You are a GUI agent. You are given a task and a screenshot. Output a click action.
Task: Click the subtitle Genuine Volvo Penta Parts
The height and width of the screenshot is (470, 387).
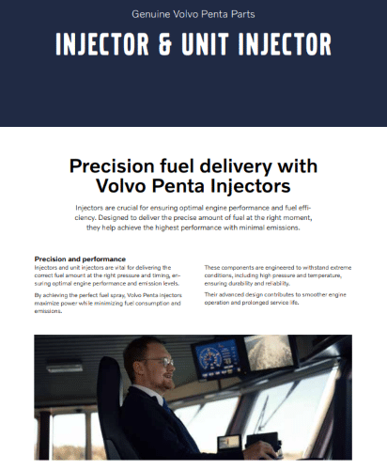pyautogui.click(x=193, y=14)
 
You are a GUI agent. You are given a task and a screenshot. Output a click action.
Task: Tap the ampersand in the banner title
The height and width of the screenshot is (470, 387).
pyautogui.click(x=166, y=44)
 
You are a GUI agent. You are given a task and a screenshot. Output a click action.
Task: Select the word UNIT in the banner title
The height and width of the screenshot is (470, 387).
pyautogui.click(x=205, y=44)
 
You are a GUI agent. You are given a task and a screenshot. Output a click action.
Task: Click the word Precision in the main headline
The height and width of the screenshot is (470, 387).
pyautogui.click(x=112, y=166)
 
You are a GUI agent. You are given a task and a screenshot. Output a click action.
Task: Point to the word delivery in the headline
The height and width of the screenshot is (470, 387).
pyautogui.click(x=236, y=166)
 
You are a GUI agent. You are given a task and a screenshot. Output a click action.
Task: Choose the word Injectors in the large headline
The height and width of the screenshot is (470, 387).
pyautogui.click(x=250, y=186)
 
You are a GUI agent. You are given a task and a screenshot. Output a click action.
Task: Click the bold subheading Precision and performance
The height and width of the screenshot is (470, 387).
pyautogui.click(x=80, y=259)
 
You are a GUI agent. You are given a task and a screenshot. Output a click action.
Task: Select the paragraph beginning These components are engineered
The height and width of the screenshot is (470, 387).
pyautogui.click(x=278, y=275)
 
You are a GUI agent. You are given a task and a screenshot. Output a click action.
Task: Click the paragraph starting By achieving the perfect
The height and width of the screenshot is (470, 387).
pyautogui.click(x=108, y=303)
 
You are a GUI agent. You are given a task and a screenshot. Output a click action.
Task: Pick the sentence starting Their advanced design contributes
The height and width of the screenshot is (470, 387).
pyautogui.click(x=275, y=299)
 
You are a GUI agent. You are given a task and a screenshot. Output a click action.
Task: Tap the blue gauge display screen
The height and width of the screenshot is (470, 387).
pyautogui.click(x=216, y=357)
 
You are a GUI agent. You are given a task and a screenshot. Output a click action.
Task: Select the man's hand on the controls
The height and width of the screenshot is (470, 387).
pyautogui.click(x=266, y=453)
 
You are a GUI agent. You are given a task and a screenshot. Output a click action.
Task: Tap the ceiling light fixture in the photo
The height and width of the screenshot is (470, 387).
pyautogui.click(x=65, y=367)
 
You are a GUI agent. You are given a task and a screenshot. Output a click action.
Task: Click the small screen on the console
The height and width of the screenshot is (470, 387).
pyautogui.click(x=229, y=443)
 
